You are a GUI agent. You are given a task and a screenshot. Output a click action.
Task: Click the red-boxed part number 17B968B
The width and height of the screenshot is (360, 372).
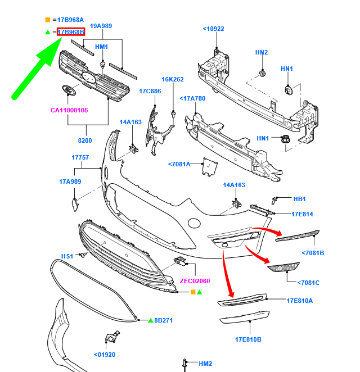(x=71, y=32)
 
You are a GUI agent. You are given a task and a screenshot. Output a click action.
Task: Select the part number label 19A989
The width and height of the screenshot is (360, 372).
(x=101, y=26)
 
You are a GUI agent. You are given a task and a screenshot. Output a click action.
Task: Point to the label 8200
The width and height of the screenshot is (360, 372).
(x=85, y=140)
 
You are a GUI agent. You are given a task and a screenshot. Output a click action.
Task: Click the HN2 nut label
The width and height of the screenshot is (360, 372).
(x=262, y=53)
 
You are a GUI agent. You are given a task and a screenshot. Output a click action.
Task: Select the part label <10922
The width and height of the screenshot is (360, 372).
(x=214, y=29)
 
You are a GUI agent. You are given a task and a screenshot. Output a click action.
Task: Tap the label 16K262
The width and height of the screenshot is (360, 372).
(x=173, y=80)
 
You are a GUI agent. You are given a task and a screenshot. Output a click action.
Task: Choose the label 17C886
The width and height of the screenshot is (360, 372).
(x=150, y=90)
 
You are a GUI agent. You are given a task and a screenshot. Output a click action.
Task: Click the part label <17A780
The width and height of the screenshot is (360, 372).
(x=192, y=99)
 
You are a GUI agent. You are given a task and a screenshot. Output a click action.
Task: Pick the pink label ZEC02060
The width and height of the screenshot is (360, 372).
(x=195, y=281)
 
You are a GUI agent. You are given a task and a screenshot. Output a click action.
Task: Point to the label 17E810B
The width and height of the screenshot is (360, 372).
(x=248, y=339)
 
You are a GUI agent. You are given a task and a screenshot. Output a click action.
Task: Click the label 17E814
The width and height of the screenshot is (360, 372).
(x=302, y=214)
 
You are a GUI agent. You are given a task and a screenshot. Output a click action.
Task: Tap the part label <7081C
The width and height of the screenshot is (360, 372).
(x=308, y=283)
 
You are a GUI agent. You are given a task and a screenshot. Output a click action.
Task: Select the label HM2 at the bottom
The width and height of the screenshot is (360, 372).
(x=205, y=364)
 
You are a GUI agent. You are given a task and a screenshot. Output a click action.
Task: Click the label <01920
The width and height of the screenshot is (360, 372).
(x=105, y=355)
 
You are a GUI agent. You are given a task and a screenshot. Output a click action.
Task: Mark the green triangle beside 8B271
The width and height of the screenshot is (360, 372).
(x=151, y=320)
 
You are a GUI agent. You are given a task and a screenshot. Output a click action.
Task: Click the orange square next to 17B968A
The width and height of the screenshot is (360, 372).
(x=48, y=20)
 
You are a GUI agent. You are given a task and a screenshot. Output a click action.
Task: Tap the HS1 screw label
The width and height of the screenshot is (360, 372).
(x=67, y=256)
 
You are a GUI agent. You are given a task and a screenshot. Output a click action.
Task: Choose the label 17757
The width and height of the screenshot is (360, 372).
(x=80, y=157)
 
